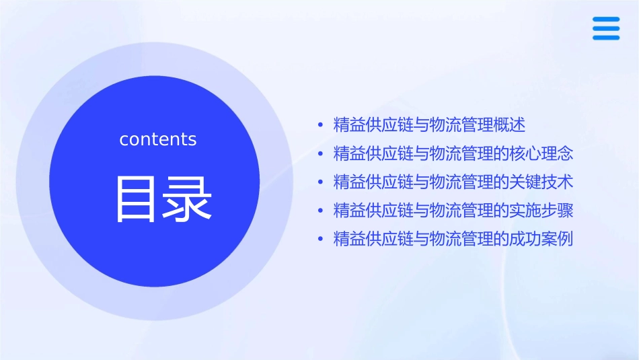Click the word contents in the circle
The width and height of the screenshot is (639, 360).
[x=158, y=139]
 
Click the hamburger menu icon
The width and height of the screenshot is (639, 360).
[x=606, y=28]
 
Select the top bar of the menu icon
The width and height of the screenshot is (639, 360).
[x=606, y=20]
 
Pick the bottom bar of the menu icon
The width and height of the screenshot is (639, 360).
[x=606, y=38]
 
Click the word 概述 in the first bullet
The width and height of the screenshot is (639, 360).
[x=509, y=125]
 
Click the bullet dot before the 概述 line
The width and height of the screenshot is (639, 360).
[x=320, y=125]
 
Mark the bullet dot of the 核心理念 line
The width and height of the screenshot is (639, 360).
[x=320, y=153]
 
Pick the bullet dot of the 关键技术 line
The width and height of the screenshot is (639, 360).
[x=320, y=182]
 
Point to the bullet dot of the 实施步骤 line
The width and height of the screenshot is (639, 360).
[x=320, y=211]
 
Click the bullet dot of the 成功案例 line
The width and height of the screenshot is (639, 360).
[x=320, y=239]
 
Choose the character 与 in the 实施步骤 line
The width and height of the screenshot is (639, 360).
[x=420, y=211]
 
